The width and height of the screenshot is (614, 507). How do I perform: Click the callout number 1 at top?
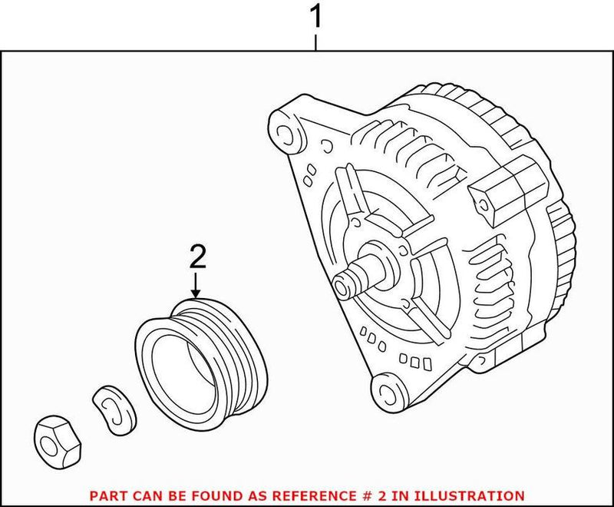(x=315, y=17)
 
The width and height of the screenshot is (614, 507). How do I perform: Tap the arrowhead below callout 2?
(x=196, y=293)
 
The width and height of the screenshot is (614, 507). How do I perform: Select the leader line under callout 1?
(x=315, y=41)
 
